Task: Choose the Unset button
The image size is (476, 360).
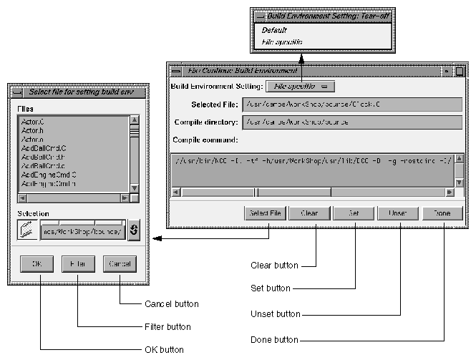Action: tap(398, 213)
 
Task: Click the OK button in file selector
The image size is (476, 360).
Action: tap(37, 264)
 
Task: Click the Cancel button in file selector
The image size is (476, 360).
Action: tap(120, 264)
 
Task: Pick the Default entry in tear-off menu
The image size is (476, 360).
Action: tap(274, 30)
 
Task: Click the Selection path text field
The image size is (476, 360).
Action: tap(82, 231)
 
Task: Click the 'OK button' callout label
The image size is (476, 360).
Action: tap(164, 350)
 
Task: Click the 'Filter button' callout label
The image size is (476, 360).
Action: tap(167, 327)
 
